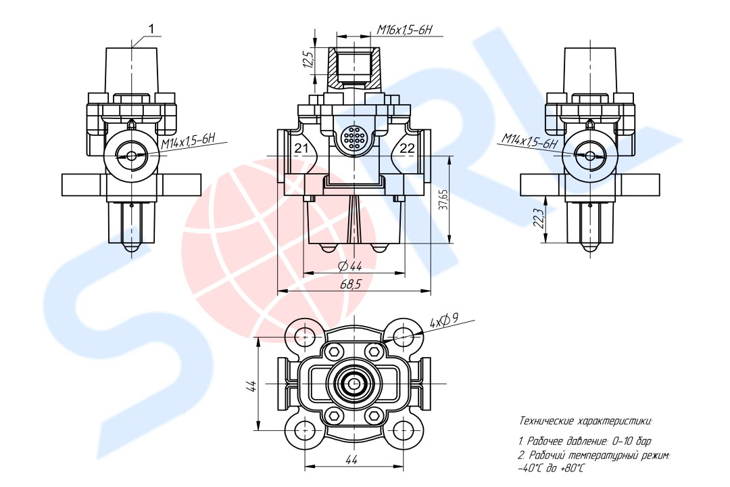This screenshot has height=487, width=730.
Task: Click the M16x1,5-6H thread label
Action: point(405,30)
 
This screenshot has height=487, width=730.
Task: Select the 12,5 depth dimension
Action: point(308,60)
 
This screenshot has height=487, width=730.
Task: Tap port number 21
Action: point(301,149)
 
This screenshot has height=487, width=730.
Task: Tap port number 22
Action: point(407,149)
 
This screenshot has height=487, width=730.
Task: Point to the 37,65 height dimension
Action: point(443,199)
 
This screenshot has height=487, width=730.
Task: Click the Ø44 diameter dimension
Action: point(350,266)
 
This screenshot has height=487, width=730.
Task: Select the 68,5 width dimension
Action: point(351,284)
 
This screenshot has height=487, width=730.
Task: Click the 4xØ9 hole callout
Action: point(444,320)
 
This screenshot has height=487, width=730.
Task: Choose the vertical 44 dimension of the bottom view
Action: point(251,386)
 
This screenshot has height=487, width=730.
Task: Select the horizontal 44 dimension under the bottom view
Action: point(351,459)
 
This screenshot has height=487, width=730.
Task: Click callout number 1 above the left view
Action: point(151,29)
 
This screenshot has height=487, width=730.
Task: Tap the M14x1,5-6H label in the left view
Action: point(189,141)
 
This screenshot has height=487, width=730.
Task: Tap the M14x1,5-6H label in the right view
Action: point(529,141)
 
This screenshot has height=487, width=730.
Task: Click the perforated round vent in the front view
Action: point(354,137)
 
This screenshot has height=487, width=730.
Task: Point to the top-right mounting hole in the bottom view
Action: point(401,335)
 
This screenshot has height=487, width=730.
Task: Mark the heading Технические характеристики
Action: point(585,421)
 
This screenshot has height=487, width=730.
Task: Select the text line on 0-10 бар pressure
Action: point(585,440)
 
